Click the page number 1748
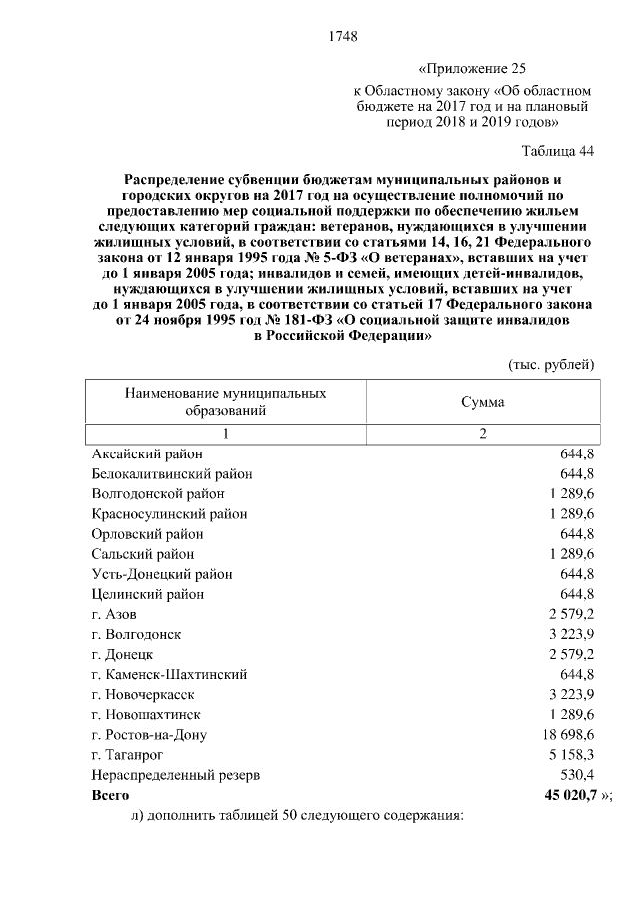coord(343,38)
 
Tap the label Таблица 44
coord(558,151)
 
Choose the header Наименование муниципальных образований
coord(225,402)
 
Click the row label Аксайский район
coord(147,454)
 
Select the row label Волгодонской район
coord(157,494)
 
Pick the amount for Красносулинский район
coord(571,514)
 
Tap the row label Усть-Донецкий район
coord(161,574)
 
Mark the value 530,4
coord(577,775)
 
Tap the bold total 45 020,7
coord(568,796)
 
